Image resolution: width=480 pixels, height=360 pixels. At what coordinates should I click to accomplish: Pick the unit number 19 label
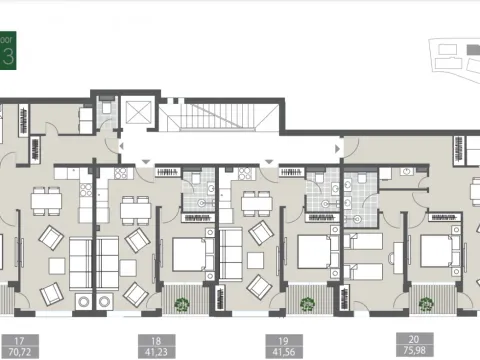tap(279, 339)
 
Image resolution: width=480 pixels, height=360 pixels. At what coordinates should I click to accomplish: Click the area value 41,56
tap(279, 351)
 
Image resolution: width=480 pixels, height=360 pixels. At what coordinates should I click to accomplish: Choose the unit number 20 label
tap(414, 338)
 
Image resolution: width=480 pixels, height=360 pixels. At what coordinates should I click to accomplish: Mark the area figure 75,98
tap(414, 350)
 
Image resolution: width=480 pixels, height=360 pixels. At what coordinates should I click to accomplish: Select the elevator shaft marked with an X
tap(136, 112)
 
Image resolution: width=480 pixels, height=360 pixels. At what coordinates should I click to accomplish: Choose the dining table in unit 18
tap(134, 211)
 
